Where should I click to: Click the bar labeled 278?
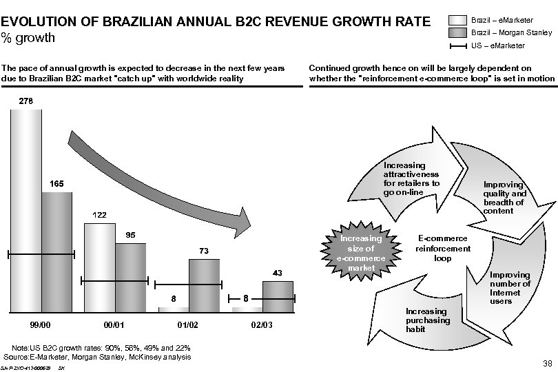pos(26,207)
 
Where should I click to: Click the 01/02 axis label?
pos(188,323)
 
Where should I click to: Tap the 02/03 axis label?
pos(262,323)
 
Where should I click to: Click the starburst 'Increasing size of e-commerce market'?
pos(361,253)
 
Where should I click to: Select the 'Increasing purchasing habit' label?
pos(428,320)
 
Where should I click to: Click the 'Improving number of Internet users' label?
pos(510,288)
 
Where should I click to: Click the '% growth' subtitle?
pos(28,37)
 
